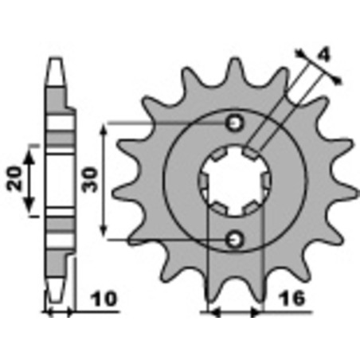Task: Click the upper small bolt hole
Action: pos(235,123)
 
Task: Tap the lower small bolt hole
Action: pos(235,237)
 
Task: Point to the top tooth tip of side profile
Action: pos(56,63)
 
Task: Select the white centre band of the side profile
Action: pos(56,181)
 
